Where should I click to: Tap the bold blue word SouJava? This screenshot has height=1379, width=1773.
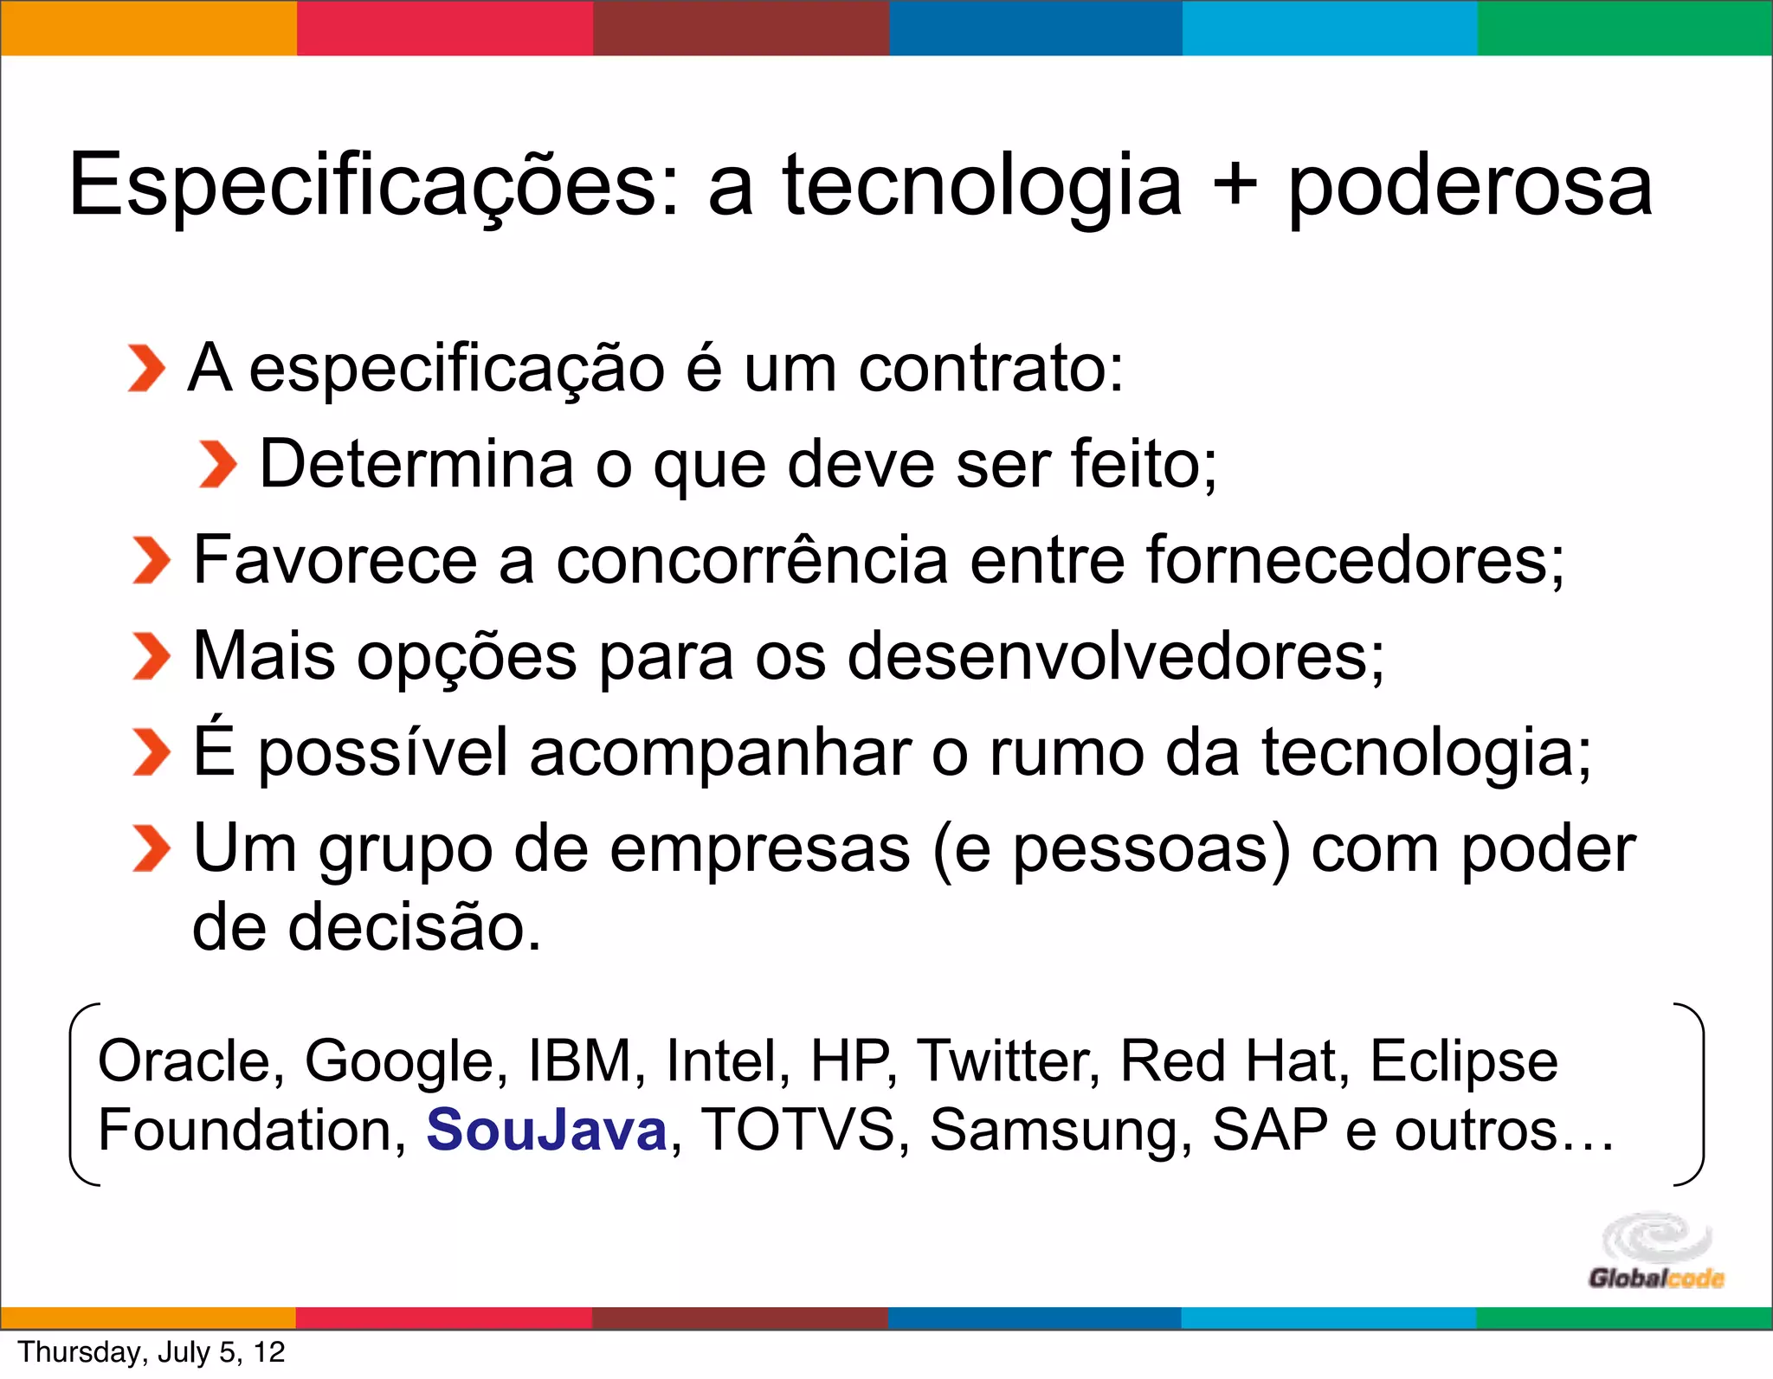point(546,1130)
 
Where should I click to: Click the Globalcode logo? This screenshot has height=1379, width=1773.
point(1655,1252)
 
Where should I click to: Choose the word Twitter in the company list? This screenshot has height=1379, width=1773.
point(1008,1060)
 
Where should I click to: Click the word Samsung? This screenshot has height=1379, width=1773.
point(1061,1130)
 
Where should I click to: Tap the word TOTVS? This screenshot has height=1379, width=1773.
point(796,1130)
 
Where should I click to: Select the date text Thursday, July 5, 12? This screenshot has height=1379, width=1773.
point(152,1352)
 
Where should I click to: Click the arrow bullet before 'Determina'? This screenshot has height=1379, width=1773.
point(216,464)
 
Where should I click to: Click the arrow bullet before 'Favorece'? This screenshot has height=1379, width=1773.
point(151,560)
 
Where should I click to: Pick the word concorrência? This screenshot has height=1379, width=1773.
point(751,560)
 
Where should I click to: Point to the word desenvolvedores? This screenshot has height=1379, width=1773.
point(1115,656)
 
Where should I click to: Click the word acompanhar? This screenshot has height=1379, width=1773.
point(719,752)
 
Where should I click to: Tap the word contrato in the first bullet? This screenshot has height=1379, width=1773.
point(990,369)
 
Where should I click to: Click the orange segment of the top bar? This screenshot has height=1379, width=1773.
point(148,28)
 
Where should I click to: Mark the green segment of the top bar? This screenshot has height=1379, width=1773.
point(1625,28)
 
